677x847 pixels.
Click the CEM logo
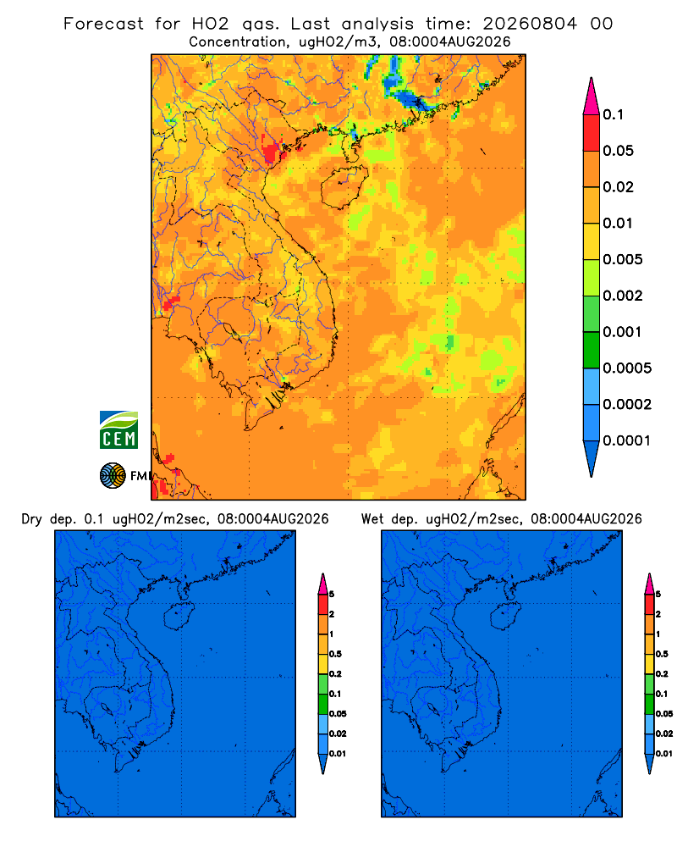118,429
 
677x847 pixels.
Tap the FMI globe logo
113,475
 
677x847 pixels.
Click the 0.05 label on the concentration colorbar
618,151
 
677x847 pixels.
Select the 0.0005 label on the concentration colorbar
627,368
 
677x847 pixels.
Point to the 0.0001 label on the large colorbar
627,440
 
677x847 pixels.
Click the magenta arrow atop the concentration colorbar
592,96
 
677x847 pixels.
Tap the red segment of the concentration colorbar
592,133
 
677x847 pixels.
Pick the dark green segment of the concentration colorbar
592,350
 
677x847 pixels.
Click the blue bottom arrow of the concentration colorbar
592,458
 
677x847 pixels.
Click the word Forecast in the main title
103,24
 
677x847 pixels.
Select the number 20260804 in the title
530,24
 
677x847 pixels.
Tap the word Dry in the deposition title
32,519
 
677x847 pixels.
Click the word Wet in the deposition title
372,519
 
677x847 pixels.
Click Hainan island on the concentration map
344,187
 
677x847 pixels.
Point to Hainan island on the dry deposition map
179,617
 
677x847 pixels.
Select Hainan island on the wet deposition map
505,617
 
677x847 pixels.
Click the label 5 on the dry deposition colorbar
332,595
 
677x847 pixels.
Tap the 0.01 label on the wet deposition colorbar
664,754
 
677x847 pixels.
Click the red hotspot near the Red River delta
272,150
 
